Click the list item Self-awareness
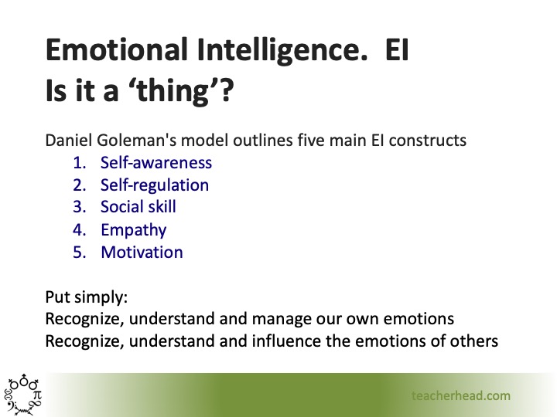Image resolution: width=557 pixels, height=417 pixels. click(155, 163)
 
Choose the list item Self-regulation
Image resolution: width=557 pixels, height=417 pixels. click(154, 185)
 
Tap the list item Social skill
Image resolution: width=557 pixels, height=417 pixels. click(138, 208)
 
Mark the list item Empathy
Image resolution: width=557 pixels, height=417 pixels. click(133, 230)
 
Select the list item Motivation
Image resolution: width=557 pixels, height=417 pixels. click(141, 253)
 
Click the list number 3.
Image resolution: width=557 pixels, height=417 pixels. click(78, 208)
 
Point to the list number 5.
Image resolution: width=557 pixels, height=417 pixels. click(78, 253)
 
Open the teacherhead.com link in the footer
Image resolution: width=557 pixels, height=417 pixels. click(460, 395)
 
